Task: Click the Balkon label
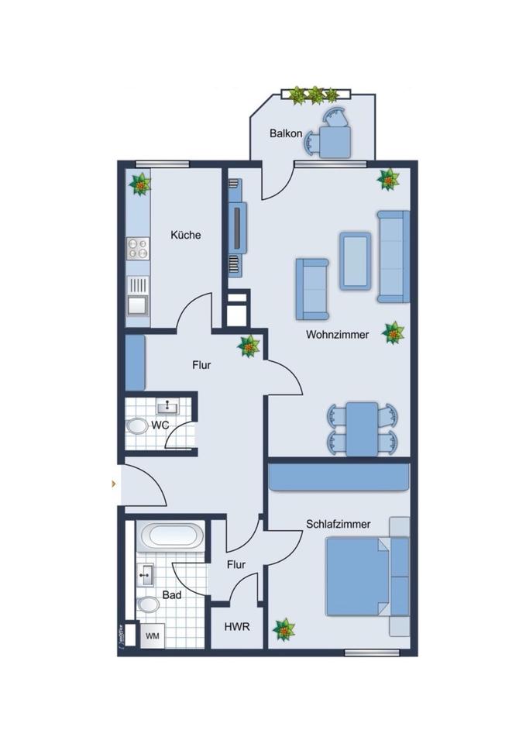286,133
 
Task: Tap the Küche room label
186,234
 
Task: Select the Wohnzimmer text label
337,335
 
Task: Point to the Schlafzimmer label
338,524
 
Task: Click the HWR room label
236,626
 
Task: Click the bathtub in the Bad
171,536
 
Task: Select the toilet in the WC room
137,427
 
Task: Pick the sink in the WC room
167,406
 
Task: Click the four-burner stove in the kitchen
138,249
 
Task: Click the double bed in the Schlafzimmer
356,577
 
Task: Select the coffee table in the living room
355,260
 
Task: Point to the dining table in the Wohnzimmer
362,429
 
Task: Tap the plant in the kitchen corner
140,184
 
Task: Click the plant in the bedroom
284,629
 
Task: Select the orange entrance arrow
115,484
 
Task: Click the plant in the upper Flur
249,346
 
